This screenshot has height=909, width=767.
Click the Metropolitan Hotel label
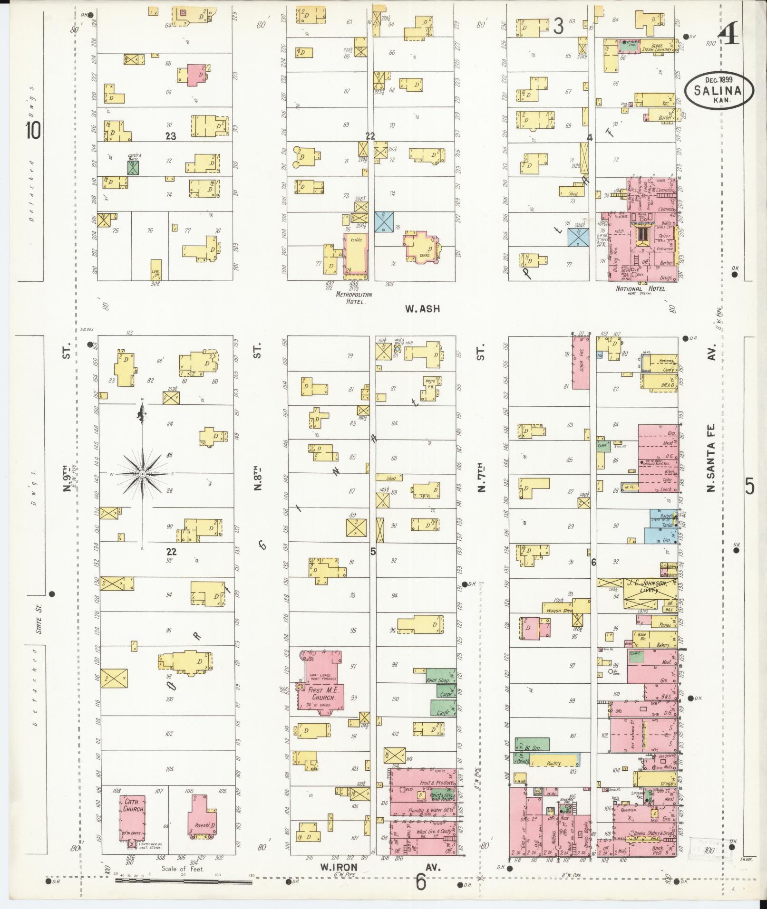(354, 297)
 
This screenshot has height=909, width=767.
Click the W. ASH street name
(422, 309)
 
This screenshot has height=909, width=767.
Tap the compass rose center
(143, 474)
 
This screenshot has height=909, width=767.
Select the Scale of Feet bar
(184, 882)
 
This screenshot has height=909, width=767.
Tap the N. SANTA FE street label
(712, 459)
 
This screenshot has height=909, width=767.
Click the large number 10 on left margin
(33, 131)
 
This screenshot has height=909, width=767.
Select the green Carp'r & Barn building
(134, 167)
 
